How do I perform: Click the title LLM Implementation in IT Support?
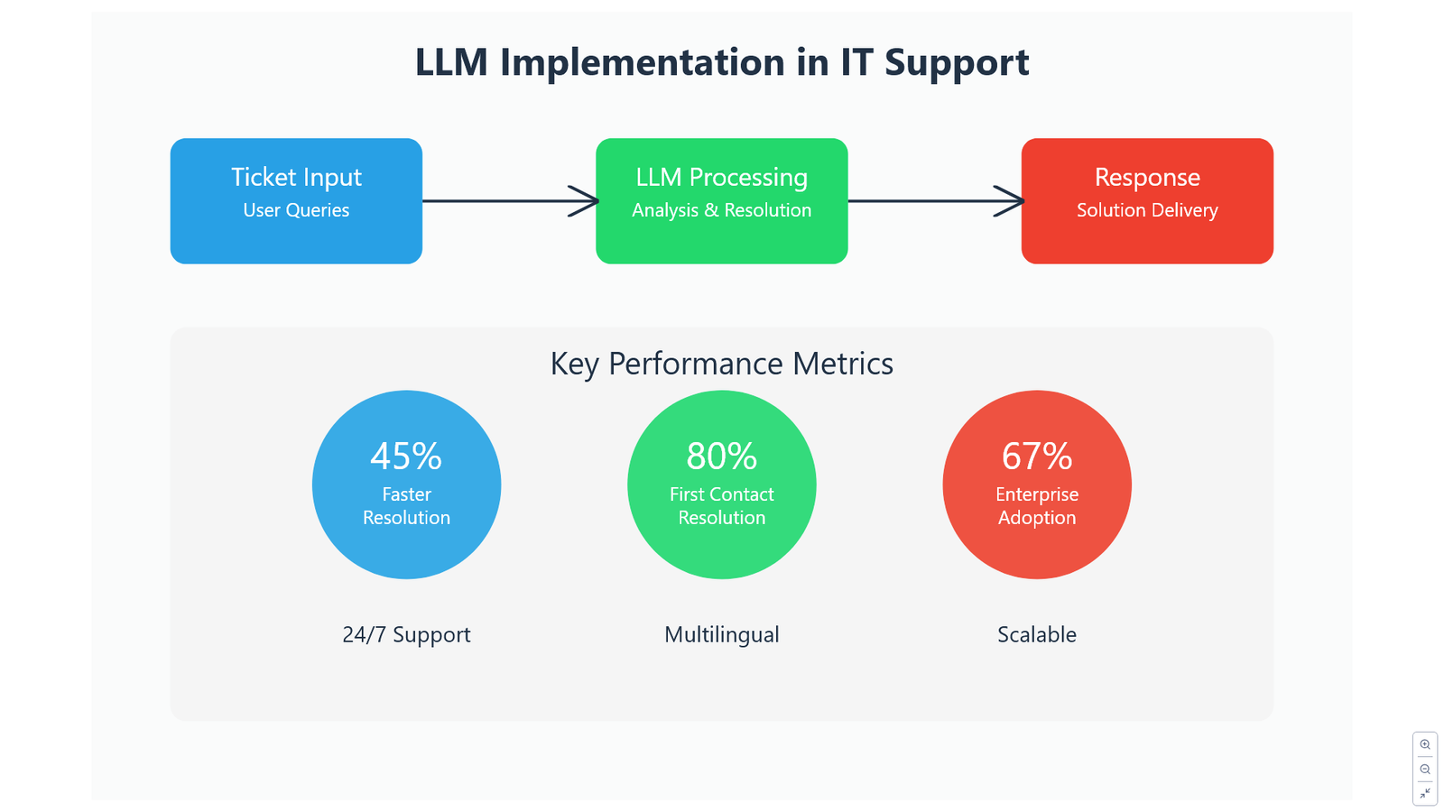pos(722,62)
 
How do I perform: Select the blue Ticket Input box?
pos(296,200)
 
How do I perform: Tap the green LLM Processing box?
pos(721,200)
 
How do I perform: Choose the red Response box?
pos(1147,200)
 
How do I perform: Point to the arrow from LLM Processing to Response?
pos(936,201)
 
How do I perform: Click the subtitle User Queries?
pos(296,210)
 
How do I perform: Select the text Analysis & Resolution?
pos(721,210)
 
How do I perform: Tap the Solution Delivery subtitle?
pos(1147,210)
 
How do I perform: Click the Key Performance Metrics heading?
pos(721,364)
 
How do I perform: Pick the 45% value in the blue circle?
pos(406,457)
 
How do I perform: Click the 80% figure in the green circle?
pos(721,457)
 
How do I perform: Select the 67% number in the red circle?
pos(1037,457)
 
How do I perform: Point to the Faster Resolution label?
pos(406,506)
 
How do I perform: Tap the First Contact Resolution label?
pos(721,506)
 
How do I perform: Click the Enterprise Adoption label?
pos(1037,506)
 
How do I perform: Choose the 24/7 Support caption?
pos(406,635)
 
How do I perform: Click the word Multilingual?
pos(721,635)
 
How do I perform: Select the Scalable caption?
pos(1037,635)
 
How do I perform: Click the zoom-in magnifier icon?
pos(1425,744)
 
